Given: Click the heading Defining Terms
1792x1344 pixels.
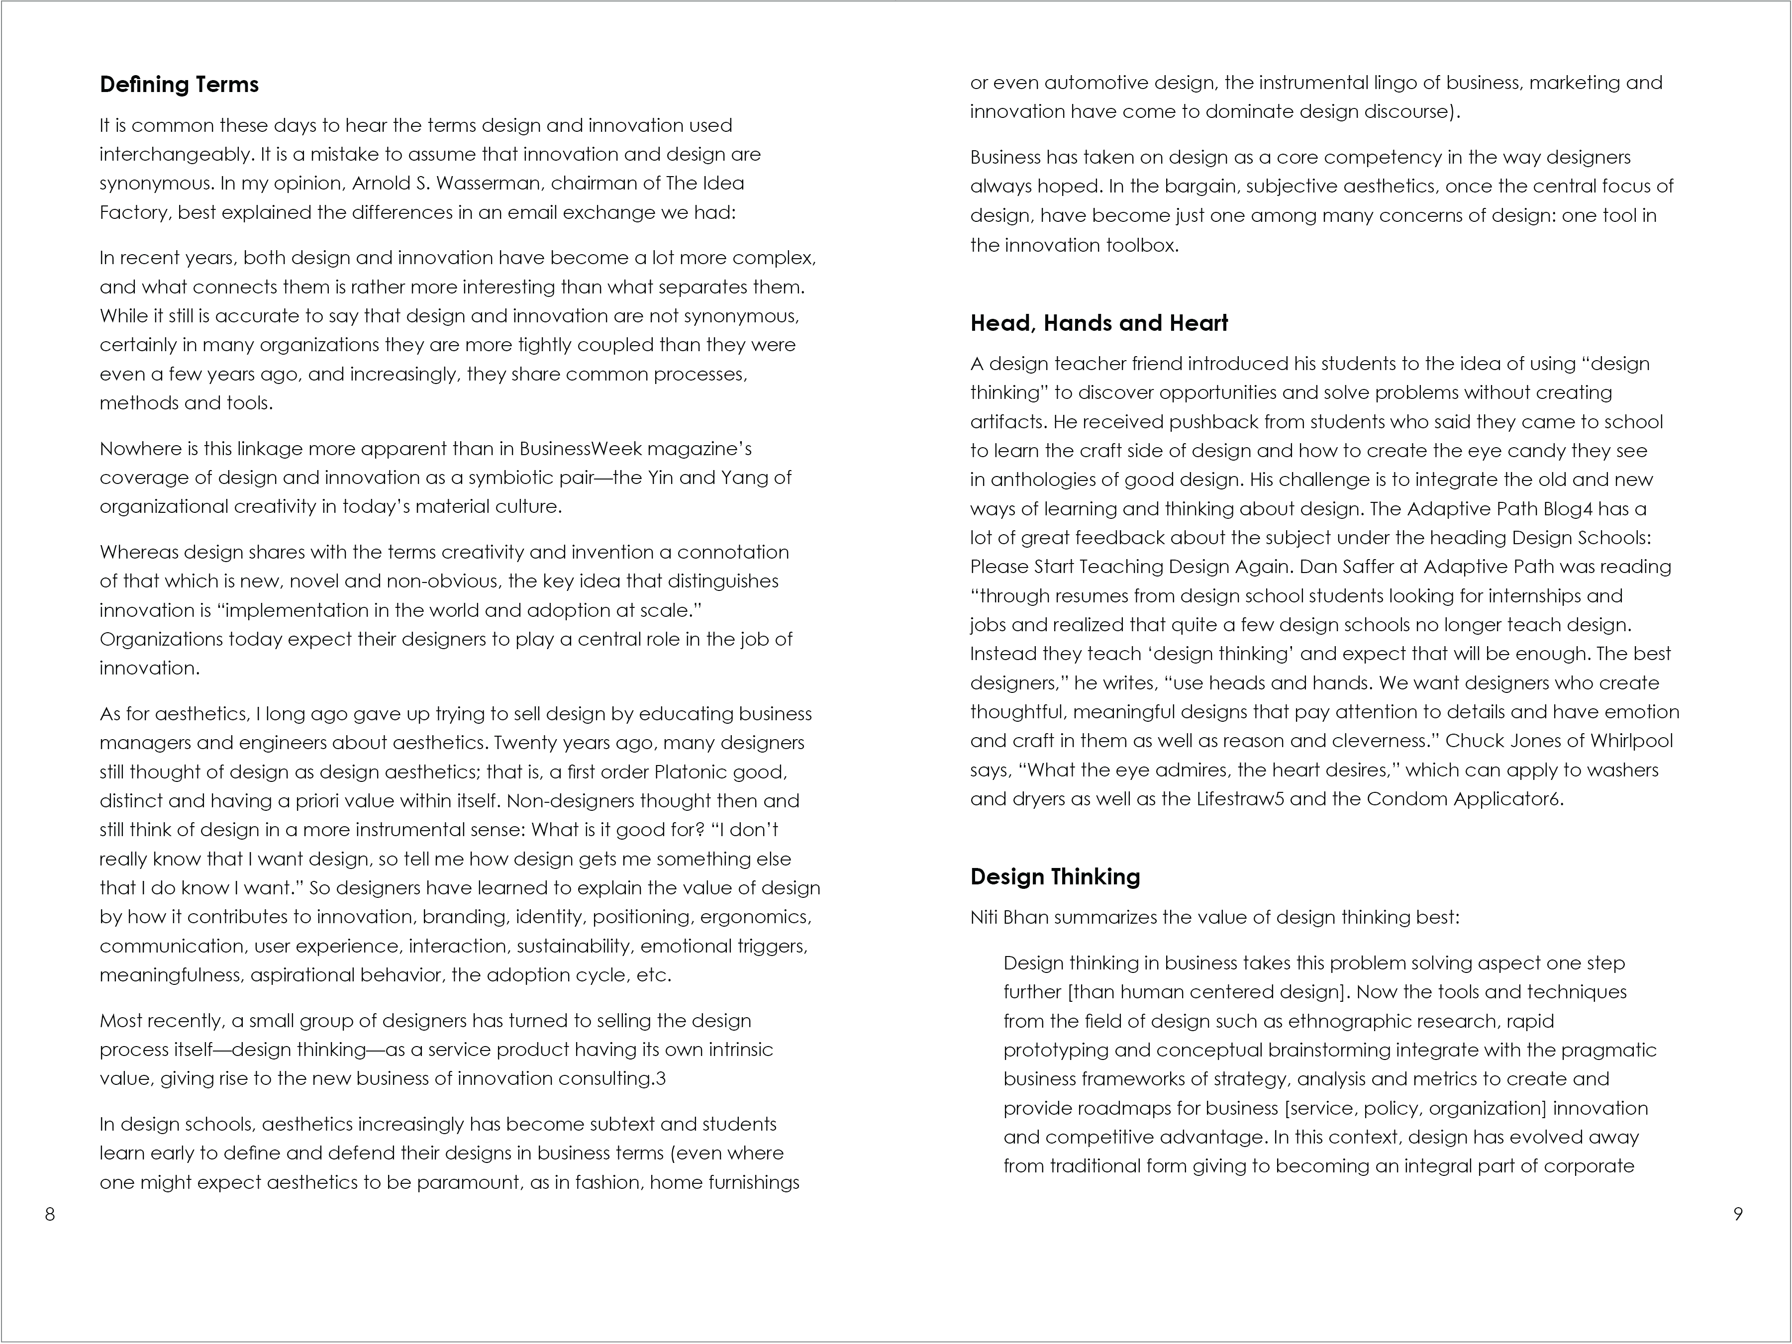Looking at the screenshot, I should tap(179, 84).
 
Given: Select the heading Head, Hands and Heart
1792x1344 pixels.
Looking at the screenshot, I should tap(1098, 323).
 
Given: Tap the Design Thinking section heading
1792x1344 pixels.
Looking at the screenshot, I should tap(1055, 876).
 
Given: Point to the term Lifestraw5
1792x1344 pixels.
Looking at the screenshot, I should tap(1240, 800).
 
